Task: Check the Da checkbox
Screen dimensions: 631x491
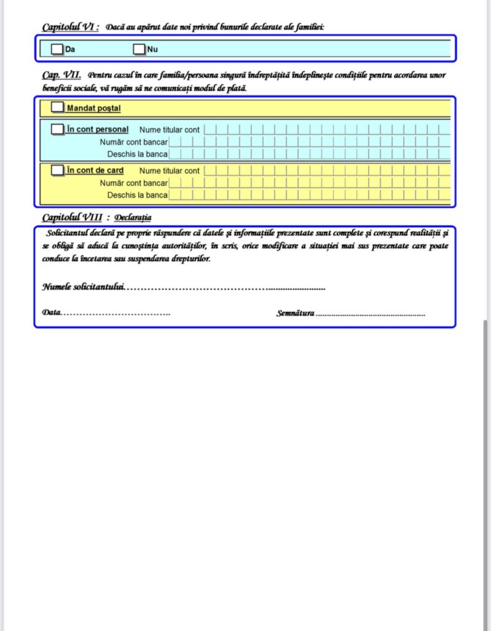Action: (x=57, y=49)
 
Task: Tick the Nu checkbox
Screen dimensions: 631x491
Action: (x=139, y=49)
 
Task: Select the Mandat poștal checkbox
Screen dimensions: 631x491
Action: (x=57, y=107)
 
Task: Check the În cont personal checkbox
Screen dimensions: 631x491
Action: (x=57, y=129)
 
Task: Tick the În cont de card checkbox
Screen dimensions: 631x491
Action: (x=57, y=170)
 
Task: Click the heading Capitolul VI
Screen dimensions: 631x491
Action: (x=70, y=27)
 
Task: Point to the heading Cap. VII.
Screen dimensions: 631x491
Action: (x=62, y=75)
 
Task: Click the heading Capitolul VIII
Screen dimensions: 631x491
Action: (x=72, y=218)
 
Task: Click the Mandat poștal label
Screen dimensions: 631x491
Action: (x=94, y=108)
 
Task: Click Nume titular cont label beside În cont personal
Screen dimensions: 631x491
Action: (x=169, y=130)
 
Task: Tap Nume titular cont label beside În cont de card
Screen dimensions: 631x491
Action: (x=169, y=171)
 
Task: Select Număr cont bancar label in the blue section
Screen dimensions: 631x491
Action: (x=134, y=142)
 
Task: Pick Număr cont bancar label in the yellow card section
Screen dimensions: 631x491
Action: (x=134, y=183)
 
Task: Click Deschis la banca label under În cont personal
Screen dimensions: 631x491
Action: (x=137, y=154)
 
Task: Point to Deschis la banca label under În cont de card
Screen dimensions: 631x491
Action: (x=137, y=195)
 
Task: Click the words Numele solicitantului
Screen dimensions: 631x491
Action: (x=83, y=287)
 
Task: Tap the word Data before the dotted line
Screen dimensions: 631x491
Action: (x=51, y=313)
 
